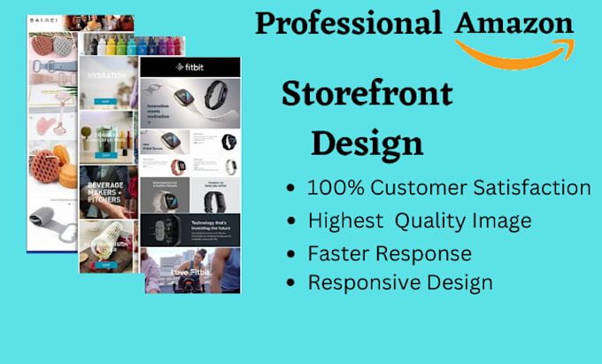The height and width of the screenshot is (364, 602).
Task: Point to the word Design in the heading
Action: [x=367, y=142]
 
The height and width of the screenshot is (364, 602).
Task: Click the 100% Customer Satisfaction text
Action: [x=449, y=188]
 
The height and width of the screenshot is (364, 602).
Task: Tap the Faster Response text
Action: [x=390, y=253]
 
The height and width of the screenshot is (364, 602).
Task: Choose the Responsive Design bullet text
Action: [x=400, y=283]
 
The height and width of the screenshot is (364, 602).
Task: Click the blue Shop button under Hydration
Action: [x=106, y=99]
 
